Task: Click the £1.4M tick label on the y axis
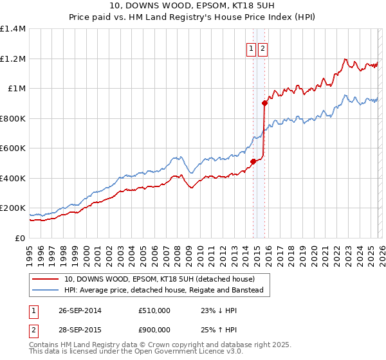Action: (13, 29)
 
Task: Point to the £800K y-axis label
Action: (13, 118)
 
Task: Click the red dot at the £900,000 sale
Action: (264, 103)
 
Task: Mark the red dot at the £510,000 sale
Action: (253, 161)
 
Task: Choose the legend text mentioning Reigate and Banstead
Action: (163, 290)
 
